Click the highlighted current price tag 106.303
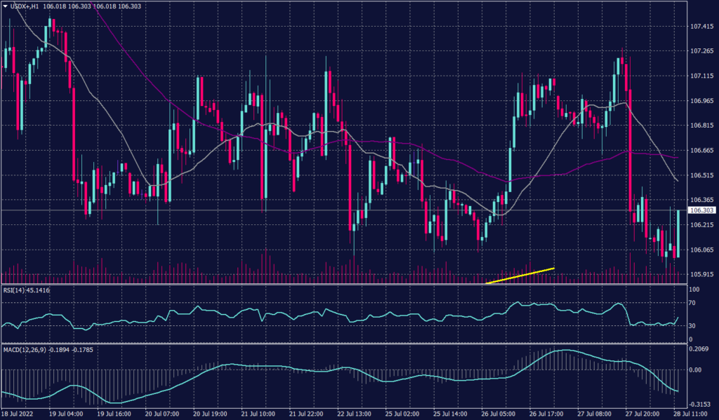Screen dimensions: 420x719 click(701, 210)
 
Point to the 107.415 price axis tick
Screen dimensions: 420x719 click(702, 26)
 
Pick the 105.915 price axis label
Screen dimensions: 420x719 click(702, 275)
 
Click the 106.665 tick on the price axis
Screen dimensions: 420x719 click(702, 150)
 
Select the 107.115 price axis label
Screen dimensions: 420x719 click(702, 76)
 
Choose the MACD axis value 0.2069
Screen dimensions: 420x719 click(699, 348)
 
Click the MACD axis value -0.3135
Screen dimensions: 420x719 click(700, 405)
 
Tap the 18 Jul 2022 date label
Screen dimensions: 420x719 click(18, 414)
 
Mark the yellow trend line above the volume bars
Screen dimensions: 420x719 click(520, 276)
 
